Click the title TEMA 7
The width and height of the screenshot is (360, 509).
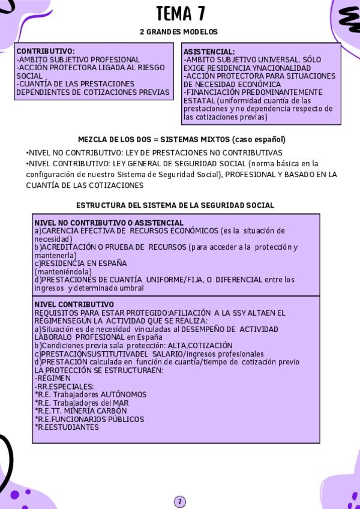179,13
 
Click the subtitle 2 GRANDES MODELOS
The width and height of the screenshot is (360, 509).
179,32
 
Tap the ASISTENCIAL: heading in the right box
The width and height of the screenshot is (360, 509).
209,52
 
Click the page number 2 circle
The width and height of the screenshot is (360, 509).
180,502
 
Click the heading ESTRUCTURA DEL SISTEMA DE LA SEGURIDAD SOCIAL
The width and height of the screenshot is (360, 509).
175,205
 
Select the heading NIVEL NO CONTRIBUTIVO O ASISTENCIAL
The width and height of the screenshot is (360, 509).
109,223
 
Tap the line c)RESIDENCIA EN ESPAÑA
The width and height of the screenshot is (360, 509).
80,263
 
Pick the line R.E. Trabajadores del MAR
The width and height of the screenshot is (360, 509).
82,403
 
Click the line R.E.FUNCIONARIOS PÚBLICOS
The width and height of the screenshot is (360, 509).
89,419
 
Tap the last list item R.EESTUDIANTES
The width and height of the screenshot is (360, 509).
67,427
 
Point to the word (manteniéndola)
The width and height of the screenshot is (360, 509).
62,271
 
